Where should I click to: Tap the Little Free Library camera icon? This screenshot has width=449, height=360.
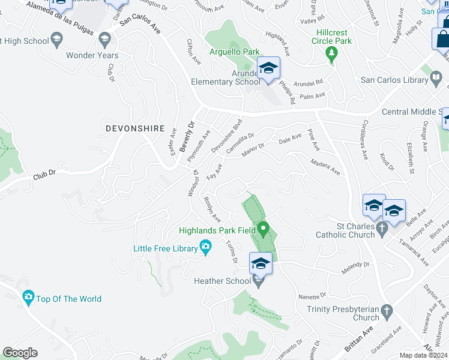205,247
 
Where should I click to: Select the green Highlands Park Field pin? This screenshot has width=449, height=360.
263,229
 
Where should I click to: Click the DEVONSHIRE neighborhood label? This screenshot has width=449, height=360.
134,128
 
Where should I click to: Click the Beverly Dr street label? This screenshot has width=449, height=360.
187,137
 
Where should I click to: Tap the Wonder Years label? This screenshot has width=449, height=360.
92,55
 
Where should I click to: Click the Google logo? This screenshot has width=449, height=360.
20,353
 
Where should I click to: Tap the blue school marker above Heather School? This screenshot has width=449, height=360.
261,264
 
